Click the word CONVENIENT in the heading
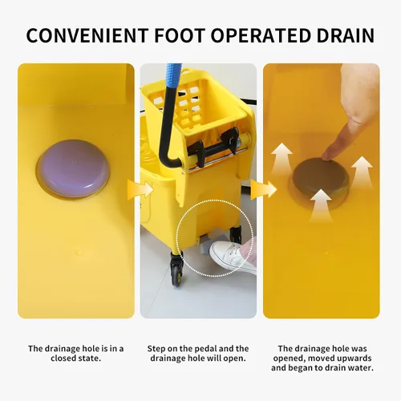click(87, 35)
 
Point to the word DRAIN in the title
click(346, 35)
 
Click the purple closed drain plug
click(73, 168)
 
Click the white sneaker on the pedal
click(231, 255)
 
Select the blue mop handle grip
click(174, 75)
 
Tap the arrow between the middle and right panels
click(263, 188)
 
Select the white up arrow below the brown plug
click(321, 205)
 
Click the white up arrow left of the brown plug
click(282, 159)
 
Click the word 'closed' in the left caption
click(64, 358)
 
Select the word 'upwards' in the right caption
click(356, 358)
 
